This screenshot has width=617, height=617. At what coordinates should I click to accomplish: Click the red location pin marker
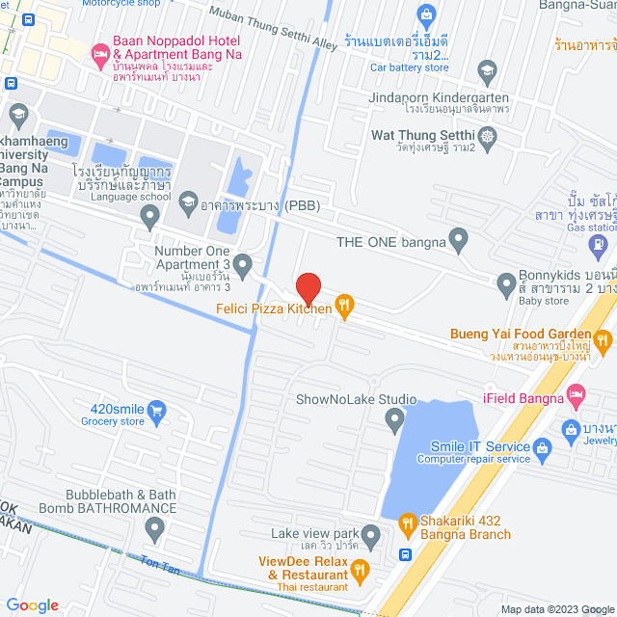pyautogui.click(x=308, y=287)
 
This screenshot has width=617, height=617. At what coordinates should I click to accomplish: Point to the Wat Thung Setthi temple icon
pyautogui.click(x=488, y=136)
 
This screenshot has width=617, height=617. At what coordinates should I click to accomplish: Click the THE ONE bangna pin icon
pyautogui.click(x=459, y=237)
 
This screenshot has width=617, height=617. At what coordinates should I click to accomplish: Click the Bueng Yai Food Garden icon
pyautogui.click(x=604, y=338)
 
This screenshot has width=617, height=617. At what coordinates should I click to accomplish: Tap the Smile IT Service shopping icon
pyautogui.click(x=543, y=447)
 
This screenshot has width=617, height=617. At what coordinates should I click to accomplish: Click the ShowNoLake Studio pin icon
pyautogui.click(x=393, y=419)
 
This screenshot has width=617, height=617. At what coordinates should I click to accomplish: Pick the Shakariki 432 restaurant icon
pyautogui.click(x=407, y=525)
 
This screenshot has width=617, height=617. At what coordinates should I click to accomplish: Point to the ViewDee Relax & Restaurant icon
pyautogui.click(x=361, y=569)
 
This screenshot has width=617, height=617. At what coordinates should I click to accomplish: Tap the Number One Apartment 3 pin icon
pyautogui.click(x=243, y=262)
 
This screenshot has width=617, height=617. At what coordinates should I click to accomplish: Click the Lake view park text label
pyautogui.click(x=314, y=533)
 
